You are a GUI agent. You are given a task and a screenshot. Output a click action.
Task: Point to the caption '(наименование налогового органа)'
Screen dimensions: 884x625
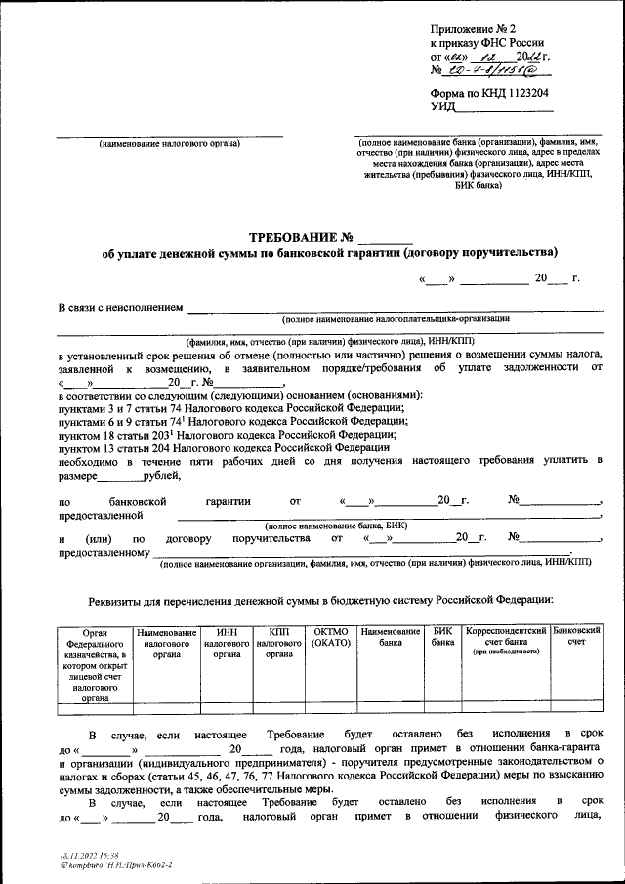(x=169, y=145)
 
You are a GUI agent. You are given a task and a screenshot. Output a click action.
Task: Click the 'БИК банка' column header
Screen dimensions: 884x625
(x=443, y=639)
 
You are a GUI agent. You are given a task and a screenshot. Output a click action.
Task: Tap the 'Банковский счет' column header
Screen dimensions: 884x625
(x=576, y=639)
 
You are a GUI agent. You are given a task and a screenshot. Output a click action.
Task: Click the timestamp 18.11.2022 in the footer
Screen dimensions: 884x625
(x=81, y=855)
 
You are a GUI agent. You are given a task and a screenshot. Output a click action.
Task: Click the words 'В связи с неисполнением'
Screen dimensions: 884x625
(x=121, y=309)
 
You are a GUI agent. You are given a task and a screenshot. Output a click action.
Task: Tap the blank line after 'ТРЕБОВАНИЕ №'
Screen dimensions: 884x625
(x=386, y=239)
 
